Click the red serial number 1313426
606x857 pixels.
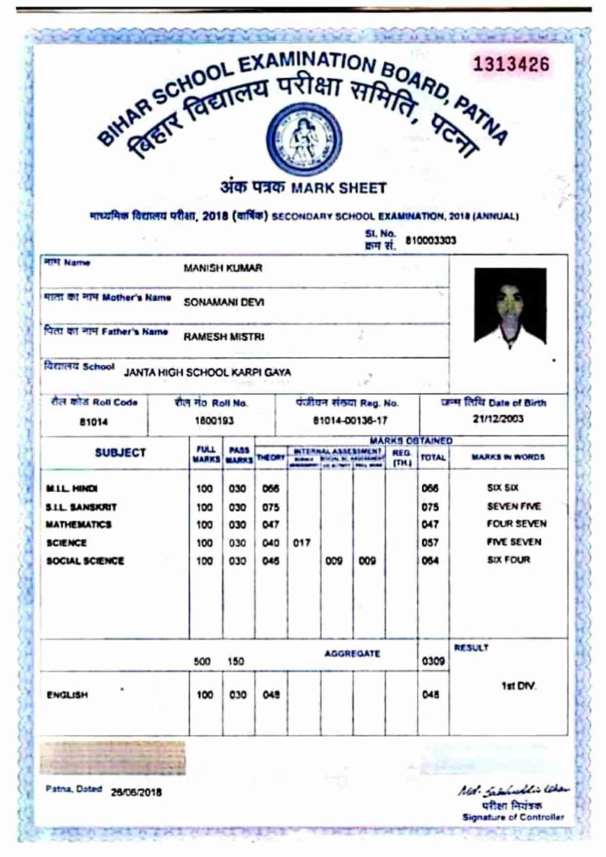coord(511,65)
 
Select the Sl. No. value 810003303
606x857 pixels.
coord(430,241)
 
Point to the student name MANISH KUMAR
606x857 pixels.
coord(223,268)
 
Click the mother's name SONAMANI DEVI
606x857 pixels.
coord(224,302)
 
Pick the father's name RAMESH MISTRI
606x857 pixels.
coord(224,337)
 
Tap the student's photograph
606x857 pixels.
coord(510,306)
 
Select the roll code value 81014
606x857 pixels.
coord(94,422)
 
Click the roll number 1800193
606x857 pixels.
coord(214,421)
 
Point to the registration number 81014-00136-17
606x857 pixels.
coord(350,421)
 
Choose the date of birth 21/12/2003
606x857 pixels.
coord(498,419)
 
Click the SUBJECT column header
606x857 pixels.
coord(121,453)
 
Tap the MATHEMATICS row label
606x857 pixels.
coord(79,525)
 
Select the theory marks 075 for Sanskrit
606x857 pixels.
coord(271,507)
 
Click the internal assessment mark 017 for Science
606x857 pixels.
coord(302,543)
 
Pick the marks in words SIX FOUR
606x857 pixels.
coord(508,560)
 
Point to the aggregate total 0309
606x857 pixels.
coord(433,661)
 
